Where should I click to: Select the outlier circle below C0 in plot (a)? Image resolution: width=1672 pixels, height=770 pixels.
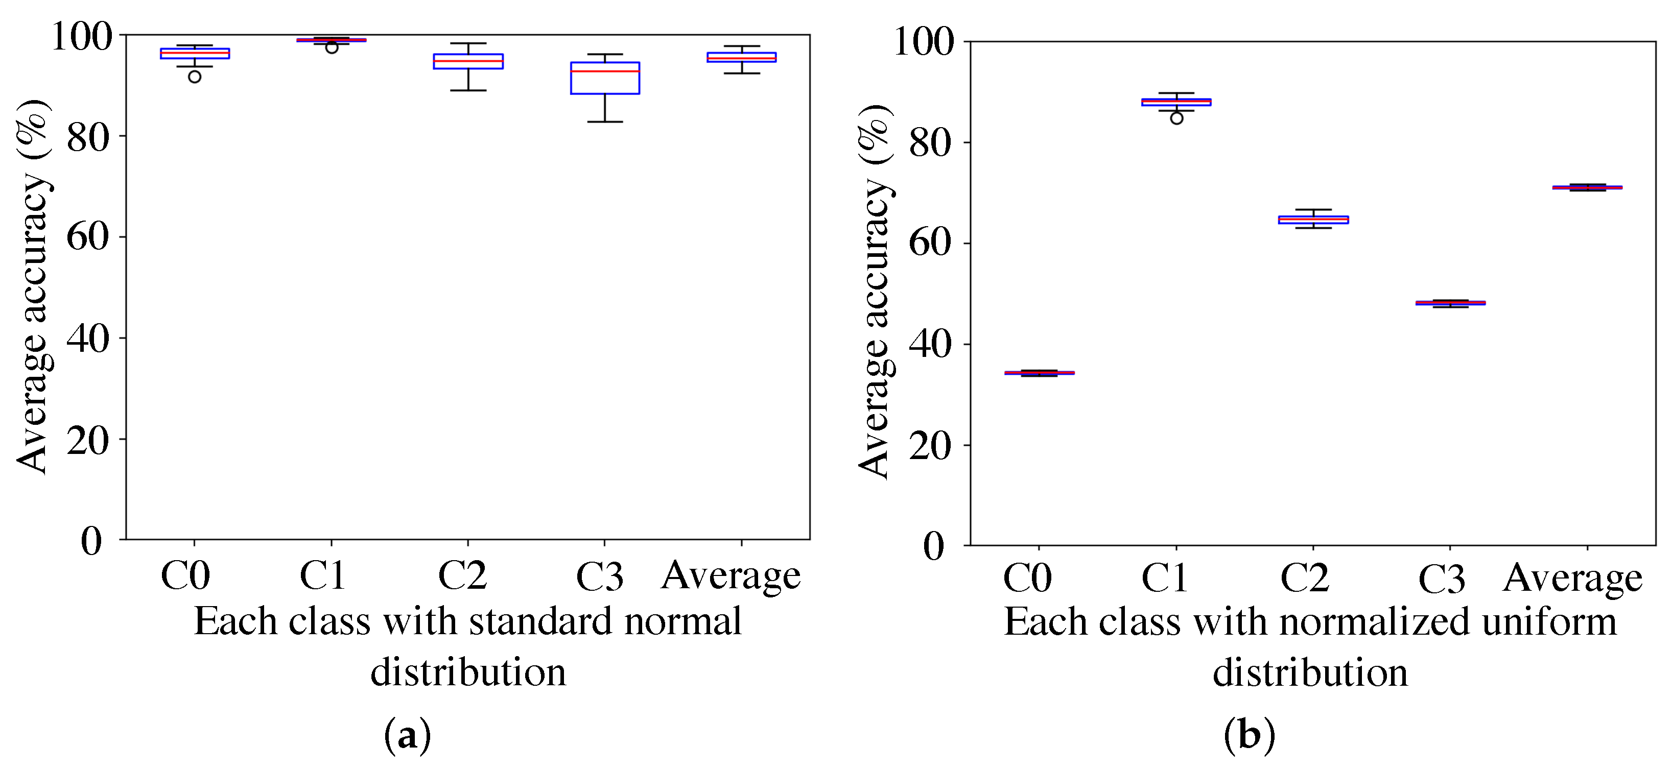tap(194, 77)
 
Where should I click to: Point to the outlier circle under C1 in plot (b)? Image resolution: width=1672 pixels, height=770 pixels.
tap(1176, 118)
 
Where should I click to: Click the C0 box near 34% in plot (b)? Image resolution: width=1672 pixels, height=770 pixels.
tap(1039, 373)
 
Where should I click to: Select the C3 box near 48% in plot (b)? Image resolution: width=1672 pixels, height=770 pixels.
tap(1450, 303)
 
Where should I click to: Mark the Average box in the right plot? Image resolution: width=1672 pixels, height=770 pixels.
tap(1587, 187)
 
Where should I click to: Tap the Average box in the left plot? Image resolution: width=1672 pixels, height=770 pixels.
tap(741, 58)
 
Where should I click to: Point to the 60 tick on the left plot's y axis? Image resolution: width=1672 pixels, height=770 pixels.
tap(88, 237)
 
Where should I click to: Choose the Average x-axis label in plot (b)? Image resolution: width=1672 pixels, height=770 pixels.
tap(1572, 578)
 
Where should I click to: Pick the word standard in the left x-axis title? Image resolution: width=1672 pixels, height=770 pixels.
tap(540, 621)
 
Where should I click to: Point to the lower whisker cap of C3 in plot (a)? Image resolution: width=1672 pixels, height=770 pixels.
tap(604, 122)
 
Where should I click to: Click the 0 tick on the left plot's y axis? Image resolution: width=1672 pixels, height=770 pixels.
tap(91, 540)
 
